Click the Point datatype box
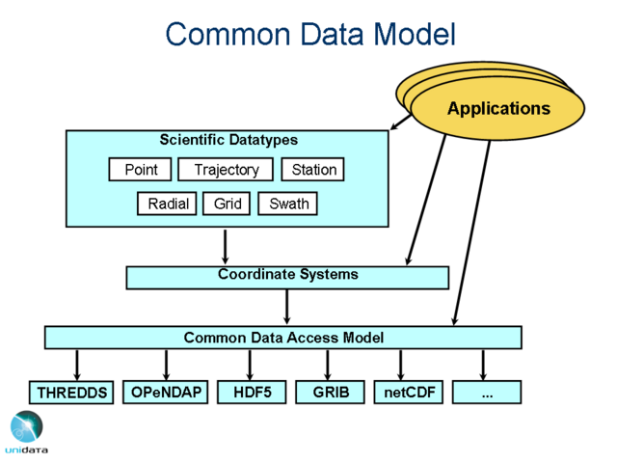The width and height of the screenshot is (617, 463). click(141, 170)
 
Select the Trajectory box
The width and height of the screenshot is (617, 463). click(227, 170)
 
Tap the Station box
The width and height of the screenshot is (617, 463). click(313, 170)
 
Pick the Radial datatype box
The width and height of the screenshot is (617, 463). click(168, 204)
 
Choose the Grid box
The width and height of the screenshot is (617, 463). click(228, 204)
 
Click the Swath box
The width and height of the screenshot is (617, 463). click(288, 204)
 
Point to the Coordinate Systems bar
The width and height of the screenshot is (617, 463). click(287, 277)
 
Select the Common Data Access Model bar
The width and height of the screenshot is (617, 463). click(283, 338)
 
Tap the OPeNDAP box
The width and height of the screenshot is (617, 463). click(166, 392)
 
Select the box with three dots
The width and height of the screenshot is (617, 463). click(487, 392)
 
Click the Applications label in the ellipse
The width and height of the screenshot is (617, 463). click(497, 108)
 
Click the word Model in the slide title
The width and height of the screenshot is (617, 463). click(406, 34)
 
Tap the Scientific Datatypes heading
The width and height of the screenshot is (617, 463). click(228, 140)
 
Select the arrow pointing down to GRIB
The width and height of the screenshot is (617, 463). click(329, 364)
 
